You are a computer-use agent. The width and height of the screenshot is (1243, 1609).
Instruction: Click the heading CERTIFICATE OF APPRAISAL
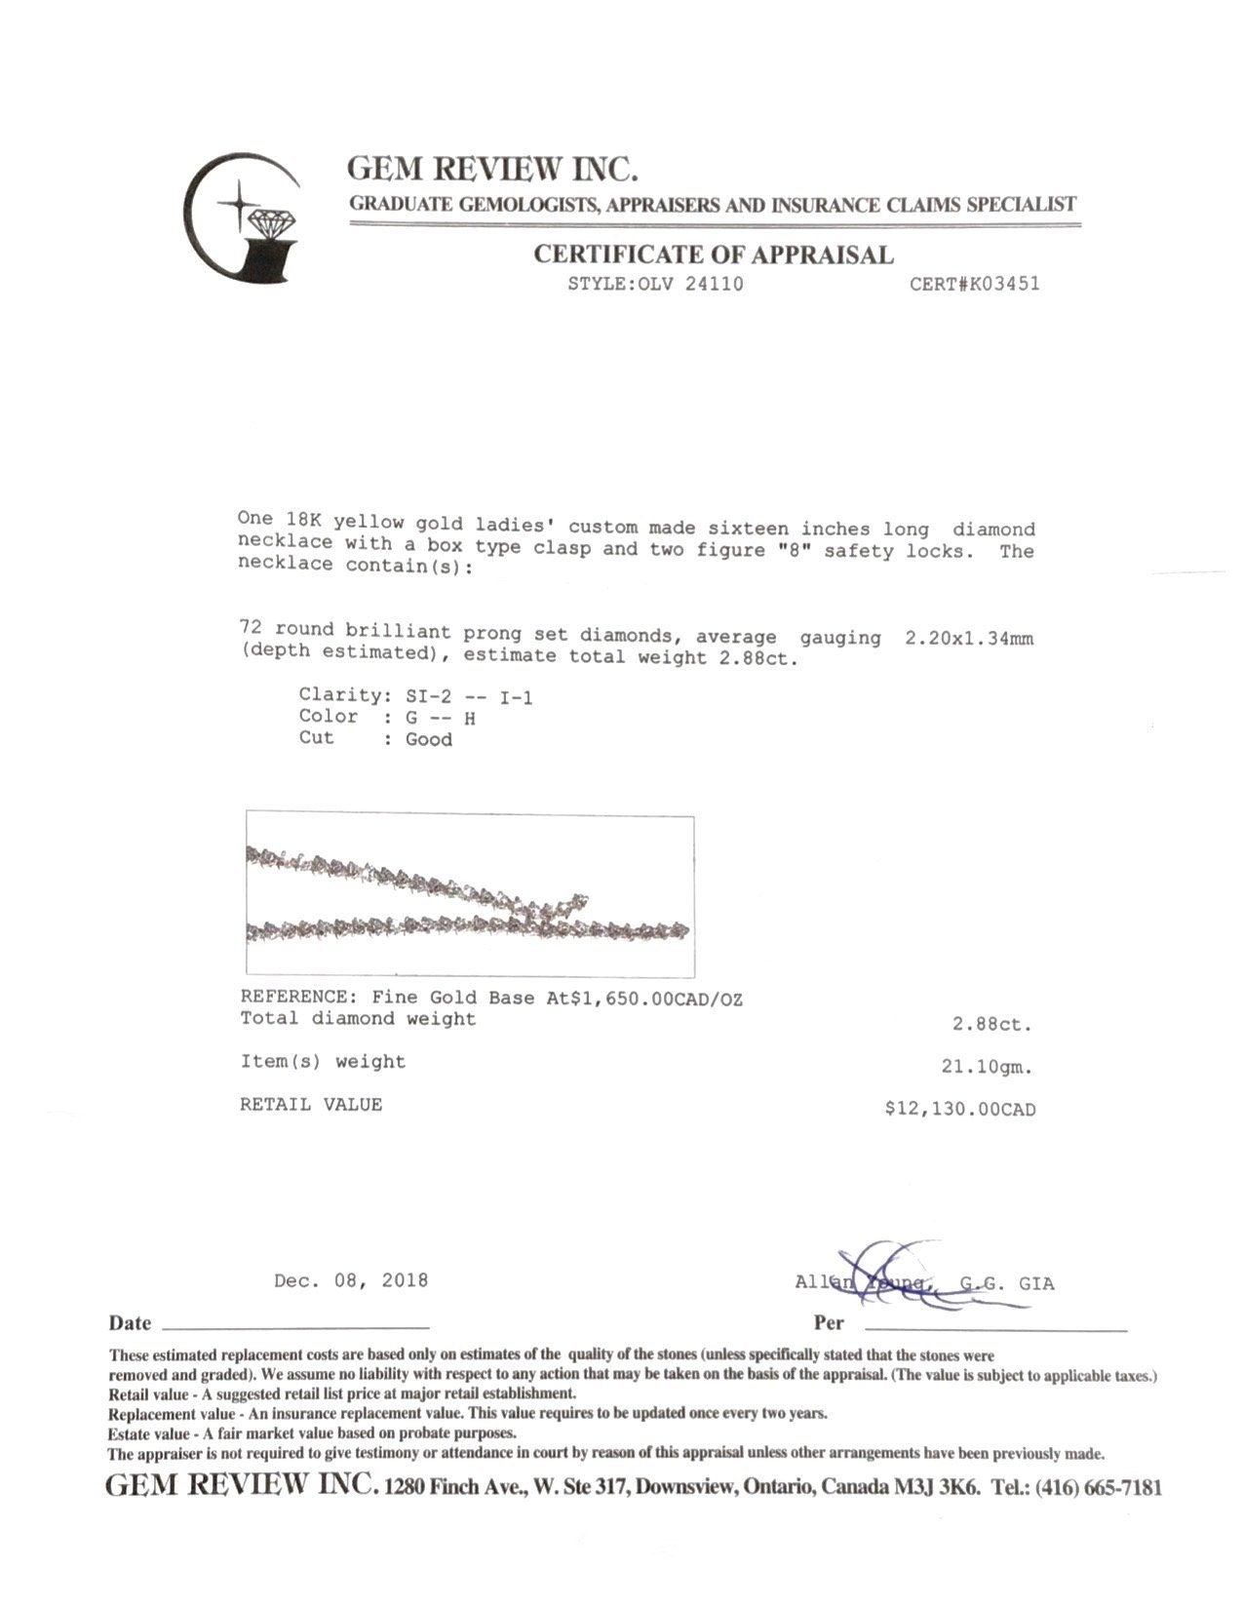[713, 255]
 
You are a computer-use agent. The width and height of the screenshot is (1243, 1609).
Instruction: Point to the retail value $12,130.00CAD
[959, 1109]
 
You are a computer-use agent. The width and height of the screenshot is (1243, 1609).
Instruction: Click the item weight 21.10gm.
[987, 1067]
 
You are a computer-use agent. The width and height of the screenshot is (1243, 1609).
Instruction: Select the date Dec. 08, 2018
[351, 1280]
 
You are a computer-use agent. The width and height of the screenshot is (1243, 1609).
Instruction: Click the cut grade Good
[429, 740]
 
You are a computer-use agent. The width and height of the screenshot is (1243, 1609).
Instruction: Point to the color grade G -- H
[441, 719]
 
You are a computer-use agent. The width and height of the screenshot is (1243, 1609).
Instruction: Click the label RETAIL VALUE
[311, 1105]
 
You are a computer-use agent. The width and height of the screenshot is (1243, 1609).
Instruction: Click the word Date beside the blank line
[130, 1323]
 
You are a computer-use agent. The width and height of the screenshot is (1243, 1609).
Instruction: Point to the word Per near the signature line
[829, 1323]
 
